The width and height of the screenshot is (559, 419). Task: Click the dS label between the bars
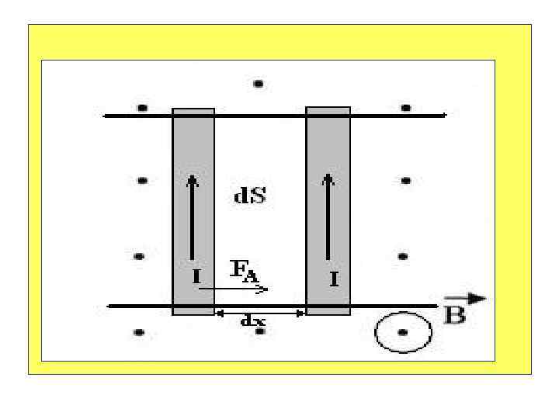[x=250, y=196]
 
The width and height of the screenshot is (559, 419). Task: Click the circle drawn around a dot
[x=402, y=333]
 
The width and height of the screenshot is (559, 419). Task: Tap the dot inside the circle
[x=402, y=333]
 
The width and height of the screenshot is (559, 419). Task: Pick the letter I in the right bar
[x=333, y=279]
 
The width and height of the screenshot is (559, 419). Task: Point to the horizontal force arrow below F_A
[x=234, y=289]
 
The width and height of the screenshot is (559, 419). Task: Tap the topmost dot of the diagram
[x=259, y=83]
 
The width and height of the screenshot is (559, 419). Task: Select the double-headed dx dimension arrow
[x=260, y=313]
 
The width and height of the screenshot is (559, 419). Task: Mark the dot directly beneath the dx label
[x=260, y=332]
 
